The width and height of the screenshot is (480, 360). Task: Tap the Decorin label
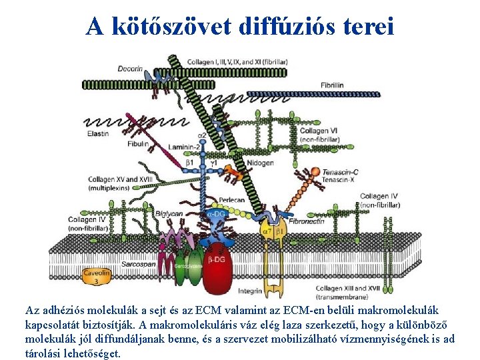131,68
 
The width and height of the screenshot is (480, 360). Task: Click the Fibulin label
137,143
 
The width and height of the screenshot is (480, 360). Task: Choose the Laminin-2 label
185,146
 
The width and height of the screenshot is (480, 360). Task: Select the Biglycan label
169,213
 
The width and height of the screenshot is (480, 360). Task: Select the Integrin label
249,291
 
